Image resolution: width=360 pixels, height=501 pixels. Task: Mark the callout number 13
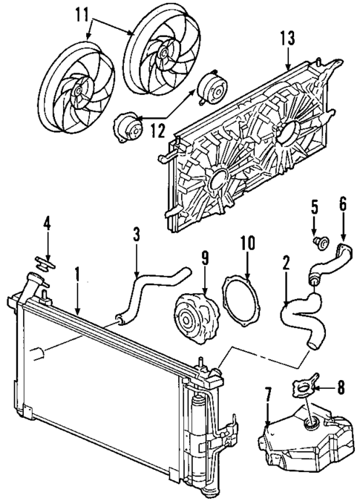pyautogui.click(x=288, y=38)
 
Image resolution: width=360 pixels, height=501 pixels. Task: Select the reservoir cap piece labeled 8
pyautogui.click(x=303, y=387)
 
